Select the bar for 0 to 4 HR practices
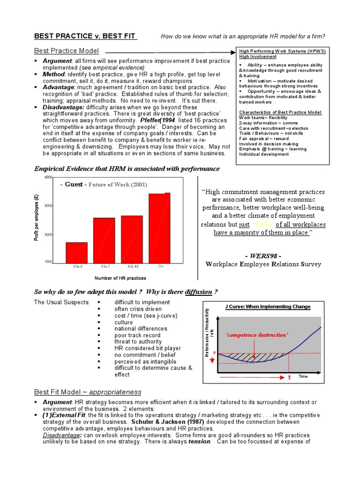76,253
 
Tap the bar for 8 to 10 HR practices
132,240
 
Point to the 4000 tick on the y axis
48,178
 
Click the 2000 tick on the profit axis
48,234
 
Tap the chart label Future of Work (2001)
117,185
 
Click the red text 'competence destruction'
257,335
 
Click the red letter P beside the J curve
215,352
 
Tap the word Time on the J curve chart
303,376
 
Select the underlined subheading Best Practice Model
66,51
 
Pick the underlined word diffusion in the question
198,292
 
